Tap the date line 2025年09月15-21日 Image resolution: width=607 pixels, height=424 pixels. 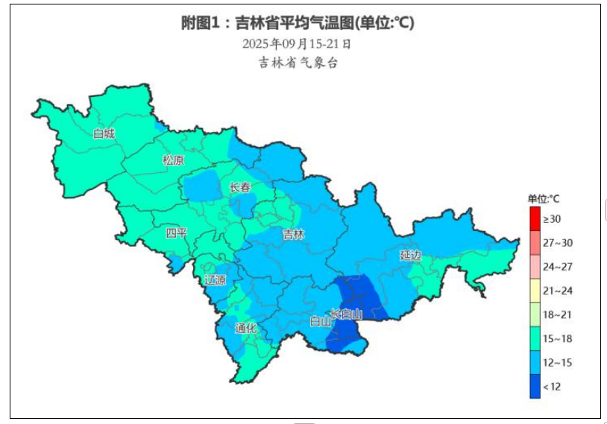coord(297,44)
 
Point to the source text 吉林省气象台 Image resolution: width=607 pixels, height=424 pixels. coord(298,63)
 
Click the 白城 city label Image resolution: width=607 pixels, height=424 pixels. coord(104,134)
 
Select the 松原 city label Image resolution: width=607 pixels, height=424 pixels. coord(174,160)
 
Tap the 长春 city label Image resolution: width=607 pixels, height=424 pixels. coord(240,188)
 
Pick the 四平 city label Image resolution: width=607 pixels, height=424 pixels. coord(177,233)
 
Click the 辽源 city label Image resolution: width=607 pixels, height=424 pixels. coord(215,280)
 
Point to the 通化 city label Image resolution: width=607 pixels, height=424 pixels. coord(245,328)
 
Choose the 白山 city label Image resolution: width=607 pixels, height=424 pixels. coord(320,322)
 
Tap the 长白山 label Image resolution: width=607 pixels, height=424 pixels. coord(346,314)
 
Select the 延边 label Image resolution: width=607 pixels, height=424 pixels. coord(410,255)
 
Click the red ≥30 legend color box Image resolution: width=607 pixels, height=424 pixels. coord(535,219)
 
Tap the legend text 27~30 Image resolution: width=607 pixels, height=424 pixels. coord(557,243)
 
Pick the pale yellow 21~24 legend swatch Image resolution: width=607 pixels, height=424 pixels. coord(535,291)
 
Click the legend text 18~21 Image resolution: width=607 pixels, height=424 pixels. coord(557,314)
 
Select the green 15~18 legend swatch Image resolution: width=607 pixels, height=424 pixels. coord(535,338)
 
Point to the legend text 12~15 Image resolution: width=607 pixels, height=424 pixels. coord(557,362)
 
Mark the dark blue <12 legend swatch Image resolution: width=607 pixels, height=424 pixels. coord(535,386)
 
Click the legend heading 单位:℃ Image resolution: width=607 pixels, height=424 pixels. coord(544,199)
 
